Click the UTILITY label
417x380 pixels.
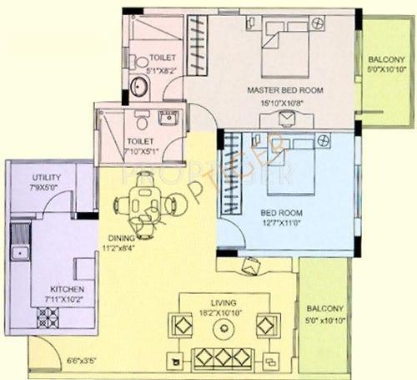(x=45, y=178)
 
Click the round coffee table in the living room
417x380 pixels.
(x=224, y=327)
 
